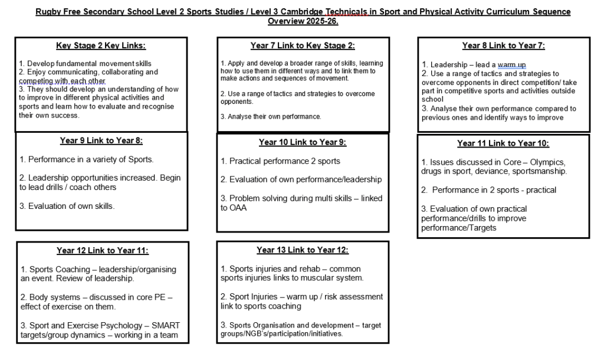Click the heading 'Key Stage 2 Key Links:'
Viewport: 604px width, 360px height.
pyautogui.click(x=101, y=45)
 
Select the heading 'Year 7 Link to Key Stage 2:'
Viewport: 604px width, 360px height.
pyautogui.click(x=303, y=45)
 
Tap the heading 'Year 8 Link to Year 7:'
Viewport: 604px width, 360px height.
pyautogui.click(x=503, y=45)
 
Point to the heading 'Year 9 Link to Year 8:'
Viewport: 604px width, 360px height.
pyautogui.click(x=101, y=140)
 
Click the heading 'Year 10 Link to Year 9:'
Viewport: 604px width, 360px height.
pyautogui.click(x=303, y=142)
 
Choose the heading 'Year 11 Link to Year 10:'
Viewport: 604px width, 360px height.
pyautogui.click(x=503, y=143)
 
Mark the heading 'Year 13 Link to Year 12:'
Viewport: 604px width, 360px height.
pyautogui.click(x=303, y=250)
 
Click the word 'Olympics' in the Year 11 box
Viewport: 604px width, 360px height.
pyautogui.click(x=548, y=162)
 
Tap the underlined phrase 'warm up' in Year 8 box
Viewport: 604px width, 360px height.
pyautogui.click(x=511, y=64)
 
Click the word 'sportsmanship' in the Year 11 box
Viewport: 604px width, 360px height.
pyautogui.click(x=541, y=172)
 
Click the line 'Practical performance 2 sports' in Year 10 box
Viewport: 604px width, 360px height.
pyautogui.click(x=284, y=161)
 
